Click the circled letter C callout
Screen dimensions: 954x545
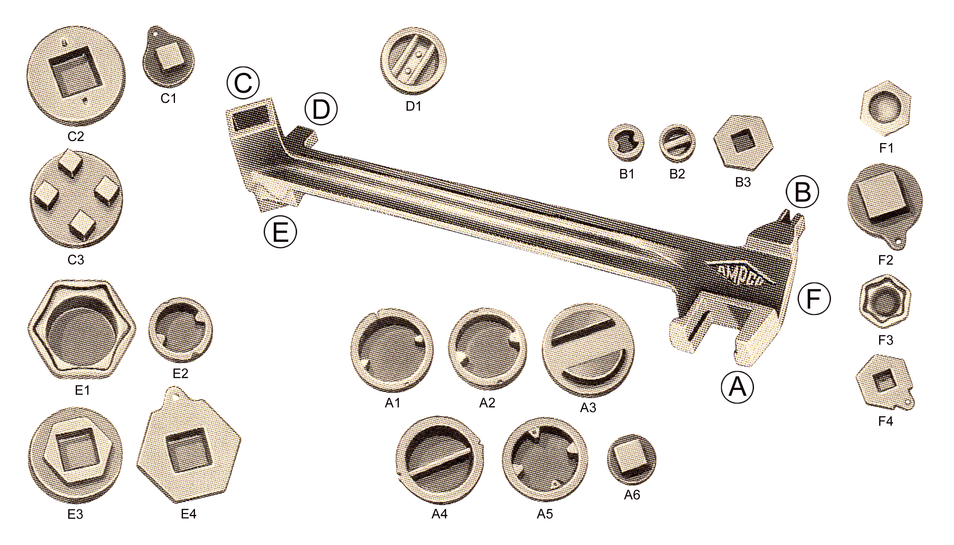[x=243, y=83]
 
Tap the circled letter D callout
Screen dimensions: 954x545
[x=321, y=109]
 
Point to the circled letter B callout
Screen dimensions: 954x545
[x=802, y=192]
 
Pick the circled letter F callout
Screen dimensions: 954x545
[x=814, y=299]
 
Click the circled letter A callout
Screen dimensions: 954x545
[x=737, y=387]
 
